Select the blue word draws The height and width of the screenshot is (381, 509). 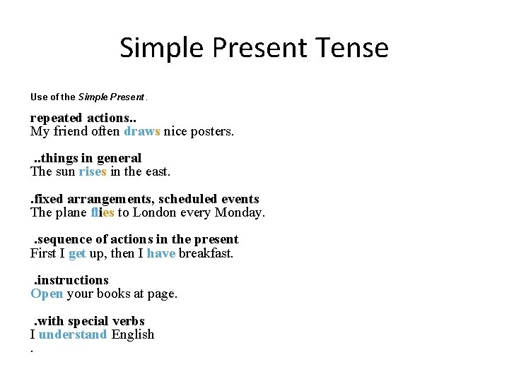[142, 131]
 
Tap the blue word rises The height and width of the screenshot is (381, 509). [93, 171]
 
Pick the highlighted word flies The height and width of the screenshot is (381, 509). [103, 212]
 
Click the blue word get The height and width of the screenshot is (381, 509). [77, 253]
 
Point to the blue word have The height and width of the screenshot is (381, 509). [161, 253]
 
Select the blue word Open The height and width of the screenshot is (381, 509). [47, 294]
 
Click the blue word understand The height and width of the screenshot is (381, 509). [73, 334]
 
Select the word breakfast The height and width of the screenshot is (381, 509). [206, 253]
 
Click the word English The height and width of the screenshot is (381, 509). [132, 334]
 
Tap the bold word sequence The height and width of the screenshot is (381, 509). [68, 239]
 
